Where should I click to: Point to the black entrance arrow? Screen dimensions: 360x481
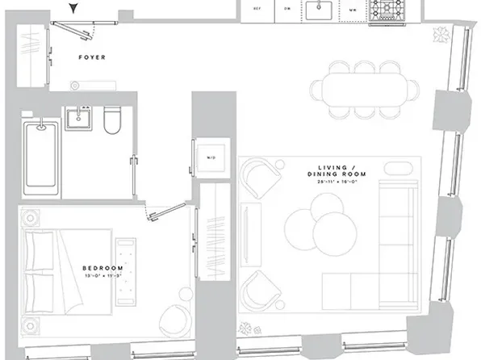(75, 8)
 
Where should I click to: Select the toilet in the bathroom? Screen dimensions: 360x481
(111, 120)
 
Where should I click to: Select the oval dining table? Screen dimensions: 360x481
(363, 85)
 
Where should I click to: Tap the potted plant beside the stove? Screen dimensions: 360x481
(439, 35)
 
